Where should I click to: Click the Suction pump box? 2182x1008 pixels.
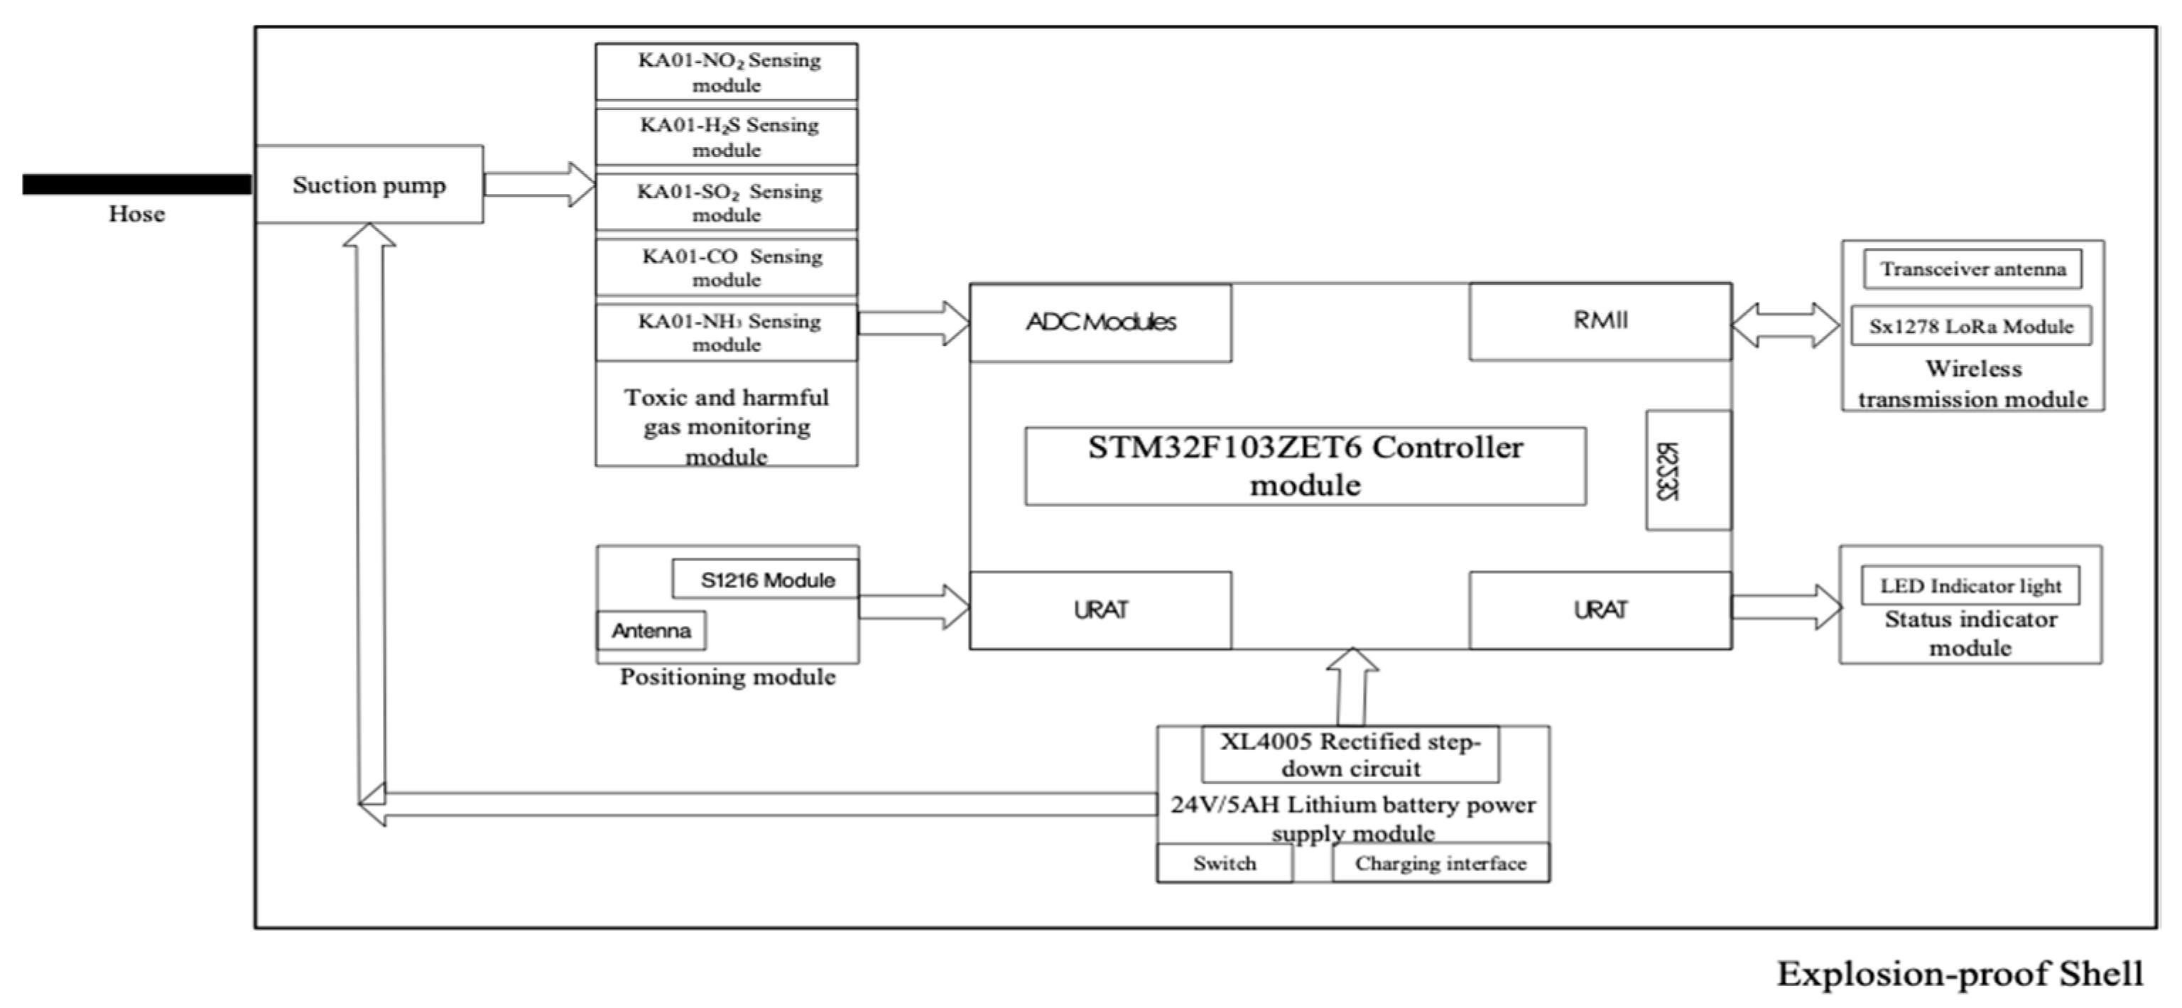(x=369, y=185)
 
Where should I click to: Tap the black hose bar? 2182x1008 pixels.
(x=136, y=184)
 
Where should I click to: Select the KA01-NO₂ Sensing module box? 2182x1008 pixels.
(x=726, y=72)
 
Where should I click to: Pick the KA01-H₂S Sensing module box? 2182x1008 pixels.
(x=726, y=136)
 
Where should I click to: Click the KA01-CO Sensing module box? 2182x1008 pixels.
(x=726, y=267)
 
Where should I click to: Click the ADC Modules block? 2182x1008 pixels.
(x=1100, y=323)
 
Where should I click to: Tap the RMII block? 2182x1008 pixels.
(x=1600, y=321)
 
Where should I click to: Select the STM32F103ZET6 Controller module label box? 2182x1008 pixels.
(x=1306, y=466)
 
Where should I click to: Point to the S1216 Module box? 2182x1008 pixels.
(x=766, y=580)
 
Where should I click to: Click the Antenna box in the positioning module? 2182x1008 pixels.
(x=651, y=630)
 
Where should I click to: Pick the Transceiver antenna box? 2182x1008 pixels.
(x=1972, y=269)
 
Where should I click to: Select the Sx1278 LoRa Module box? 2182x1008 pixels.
(x=1970, y=326)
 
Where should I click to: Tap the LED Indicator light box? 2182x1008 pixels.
(x=1970, y=585)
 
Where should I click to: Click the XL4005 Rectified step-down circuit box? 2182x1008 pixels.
(x=1350, y=754)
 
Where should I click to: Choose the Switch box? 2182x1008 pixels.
(x=1224, y=863)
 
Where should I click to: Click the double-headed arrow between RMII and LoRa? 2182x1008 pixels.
(x=1786, y=325)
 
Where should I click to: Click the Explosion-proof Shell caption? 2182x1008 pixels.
(x=1959, y=974)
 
